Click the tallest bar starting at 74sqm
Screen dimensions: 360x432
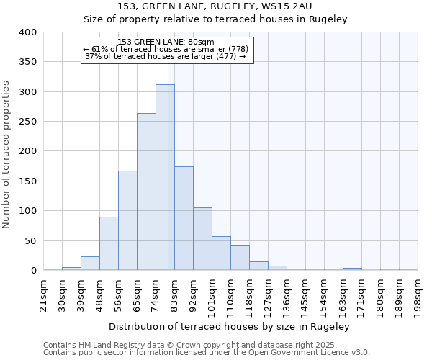click(x=165, y=177)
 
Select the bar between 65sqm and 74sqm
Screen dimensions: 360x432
click(x=146, y=192)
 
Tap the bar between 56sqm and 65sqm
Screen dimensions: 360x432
click(x=127, y=220)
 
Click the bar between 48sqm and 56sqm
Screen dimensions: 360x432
click(x=109, y=243)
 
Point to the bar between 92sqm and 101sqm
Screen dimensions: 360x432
click(x=202, y=239)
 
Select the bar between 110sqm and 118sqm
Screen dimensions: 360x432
click(x=240, y=258)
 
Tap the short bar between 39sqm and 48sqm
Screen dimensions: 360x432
click(x=90, y=264)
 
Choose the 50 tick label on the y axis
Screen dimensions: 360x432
click(x=31, y=240)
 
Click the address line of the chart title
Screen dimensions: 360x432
click(x=215, y=6)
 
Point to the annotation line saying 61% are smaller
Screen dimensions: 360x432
click(x=166, y=49)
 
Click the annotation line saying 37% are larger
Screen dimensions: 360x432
click(x=166, y=56)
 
